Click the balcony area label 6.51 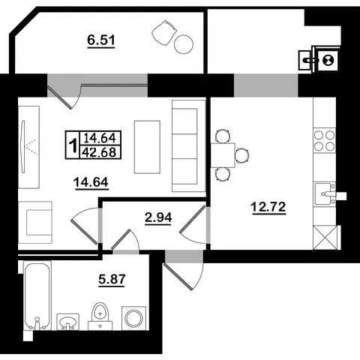pyautogui.click(x=101, y=40)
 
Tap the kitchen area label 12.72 pyautogui.click(x=268, y=207)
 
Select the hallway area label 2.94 pyautogui.click(x=158, y=217)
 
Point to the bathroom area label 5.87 pyautogui.click(x=112, y=279)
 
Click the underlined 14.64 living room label pyautogui.click(x=91, y=182)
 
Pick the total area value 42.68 pyautogui.click(x=100, y=152)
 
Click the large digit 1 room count pyautogui.click(x=73, y=145)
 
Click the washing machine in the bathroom pyautogui.click(x=133, y=318)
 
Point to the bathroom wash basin pyautogui.click(x=67, y=322)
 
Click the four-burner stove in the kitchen pyautogui.click(x=325, y=141)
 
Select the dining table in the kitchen pyautogui.click(x=223, y=155)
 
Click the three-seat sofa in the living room pyautogui.click(x=189, y=146)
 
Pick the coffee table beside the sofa pyautogui.click(x=147, y=147)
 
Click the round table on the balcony pyautogui.click(x=184, y=44)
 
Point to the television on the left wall pyautogui.click(x=23, y=146)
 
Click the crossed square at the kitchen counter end pyautogui.click(x=325, y=237)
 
